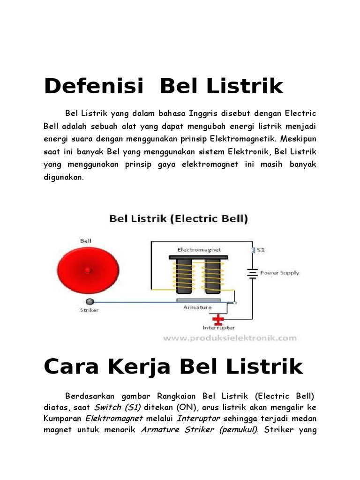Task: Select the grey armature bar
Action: coord(198,300)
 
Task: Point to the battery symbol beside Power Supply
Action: coord(253,273)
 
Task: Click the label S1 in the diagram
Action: coord(261,250)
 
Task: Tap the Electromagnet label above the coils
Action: coord(199,249)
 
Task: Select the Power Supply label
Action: coord(279,272)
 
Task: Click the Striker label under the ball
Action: coord(89,310)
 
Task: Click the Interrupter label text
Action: coord(218,328)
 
